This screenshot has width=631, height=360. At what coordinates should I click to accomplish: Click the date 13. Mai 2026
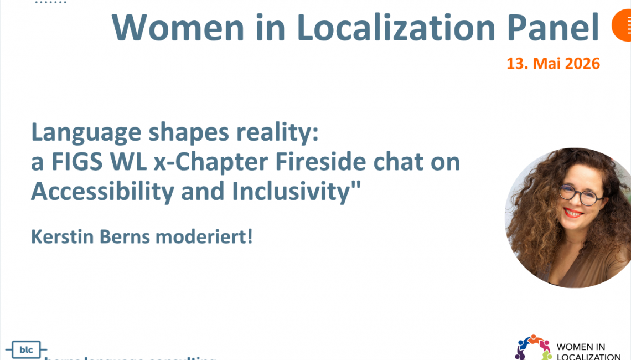point(553,64)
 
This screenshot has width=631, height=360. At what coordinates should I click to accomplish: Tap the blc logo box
point(26,350)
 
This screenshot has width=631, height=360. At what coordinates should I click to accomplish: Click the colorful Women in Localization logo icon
point(533,347)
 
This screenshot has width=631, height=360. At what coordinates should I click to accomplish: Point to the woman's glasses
point(580,195)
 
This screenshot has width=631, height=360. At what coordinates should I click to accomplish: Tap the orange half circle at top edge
point(622,26)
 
